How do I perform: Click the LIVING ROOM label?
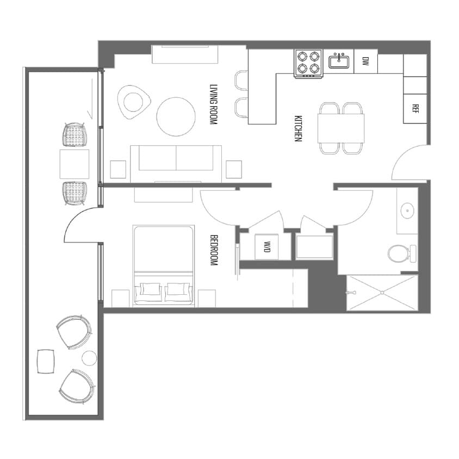click(x=214, y=105)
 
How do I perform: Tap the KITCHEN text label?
click(x=298, y=128)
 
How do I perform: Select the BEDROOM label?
click(x=214, y=250)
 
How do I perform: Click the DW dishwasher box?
click(x=365, y=61)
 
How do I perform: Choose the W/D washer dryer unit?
click(x=267, y=247)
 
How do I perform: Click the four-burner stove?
click(x=308, y=64)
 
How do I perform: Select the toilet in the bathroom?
click(x=399, y=253)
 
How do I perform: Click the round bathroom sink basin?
click(x=406, y=209)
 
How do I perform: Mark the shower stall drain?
click(x=382, y=293)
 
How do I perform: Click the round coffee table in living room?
click(x=176, y=116)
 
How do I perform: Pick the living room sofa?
click(x=176, y=160)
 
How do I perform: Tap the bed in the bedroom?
click(x=163, y=266)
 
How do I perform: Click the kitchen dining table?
click(x=341, y=128)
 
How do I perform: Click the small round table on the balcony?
click(x=89, y=358)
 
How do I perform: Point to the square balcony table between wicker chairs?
click(x=74, y=164)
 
